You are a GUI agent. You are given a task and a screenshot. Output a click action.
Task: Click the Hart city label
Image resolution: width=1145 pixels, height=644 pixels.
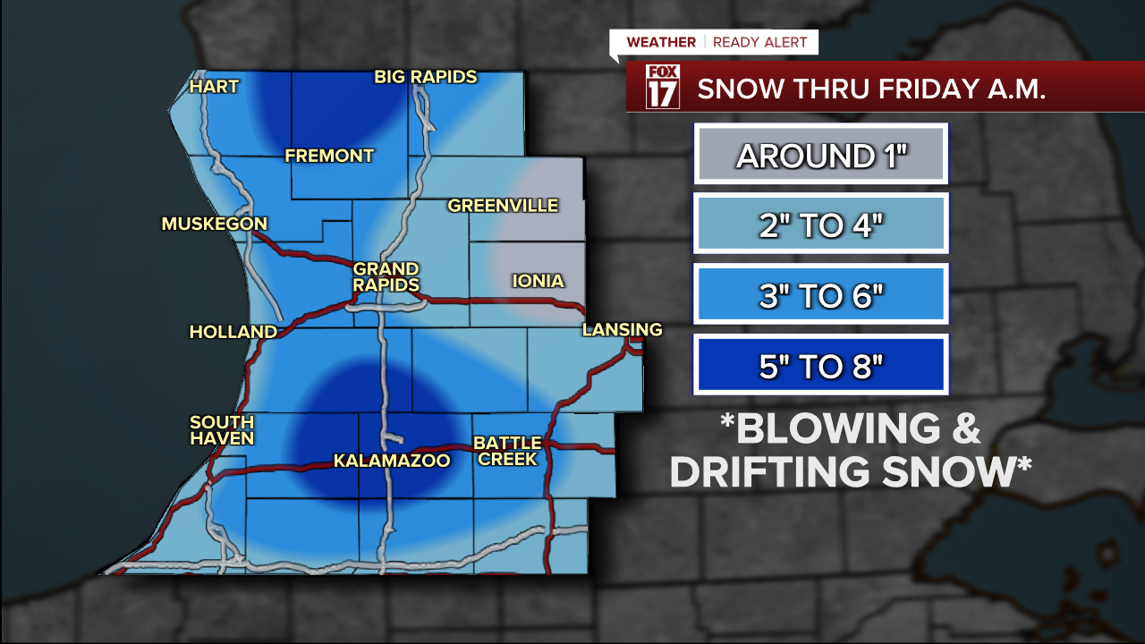(214, 87)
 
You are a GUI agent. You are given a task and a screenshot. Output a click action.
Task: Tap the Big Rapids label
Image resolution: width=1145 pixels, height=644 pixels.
(425, 77)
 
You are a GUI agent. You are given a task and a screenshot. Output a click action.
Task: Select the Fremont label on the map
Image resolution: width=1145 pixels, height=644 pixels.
(329, 156)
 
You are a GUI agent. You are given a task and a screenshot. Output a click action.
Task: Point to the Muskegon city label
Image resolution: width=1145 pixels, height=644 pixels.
(215, 224)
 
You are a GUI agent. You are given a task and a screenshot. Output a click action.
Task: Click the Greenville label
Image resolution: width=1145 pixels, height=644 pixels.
(503, 206)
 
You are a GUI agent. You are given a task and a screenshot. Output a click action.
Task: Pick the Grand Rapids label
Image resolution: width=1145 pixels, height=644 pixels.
(386, 276)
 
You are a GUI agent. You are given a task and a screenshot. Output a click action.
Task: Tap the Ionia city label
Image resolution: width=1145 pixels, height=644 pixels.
(538, 281)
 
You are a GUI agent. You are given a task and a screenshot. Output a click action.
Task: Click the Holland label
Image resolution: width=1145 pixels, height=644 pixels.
(233, 332)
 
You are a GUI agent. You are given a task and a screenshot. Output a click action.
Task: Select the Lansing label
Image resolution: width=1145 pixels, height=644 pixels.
(622, 330)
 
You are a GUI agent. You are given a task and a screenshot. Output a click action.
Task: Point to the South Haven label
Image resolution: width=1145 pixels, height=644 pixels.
(222, 429)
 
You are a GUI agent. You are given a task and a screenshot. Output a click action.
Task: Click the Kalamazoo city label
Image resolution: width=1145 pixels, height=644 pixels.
(391, 461)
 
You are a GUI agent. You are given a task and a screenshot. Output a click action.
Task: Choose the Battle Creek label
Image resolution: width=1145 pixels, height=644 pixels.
(506, 450)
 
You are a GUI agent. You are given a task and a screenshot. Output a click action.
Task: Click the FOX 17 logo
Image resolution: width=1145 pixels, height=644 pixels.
(663, 87)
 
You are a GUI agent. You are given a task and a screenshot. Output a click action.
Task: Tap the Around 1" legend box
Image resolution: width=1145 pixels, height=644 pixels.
(820, 156)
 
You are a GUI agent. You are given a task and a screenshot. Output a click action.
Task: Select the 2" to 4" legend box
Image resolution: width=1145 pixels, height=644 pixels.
(820, 225)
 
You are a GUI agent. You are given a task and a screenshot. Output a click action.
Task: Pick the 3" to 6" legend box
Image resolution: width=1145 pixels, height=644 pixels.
(820, 294)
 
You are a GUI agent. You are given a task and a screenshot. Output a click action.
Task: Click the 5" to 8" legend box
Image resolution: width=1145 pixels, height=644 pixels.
(820, 365)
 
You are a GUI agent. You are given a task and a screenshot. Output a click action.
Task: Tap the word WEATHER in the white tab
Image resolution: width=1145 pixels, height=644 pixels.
(661, 42)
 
